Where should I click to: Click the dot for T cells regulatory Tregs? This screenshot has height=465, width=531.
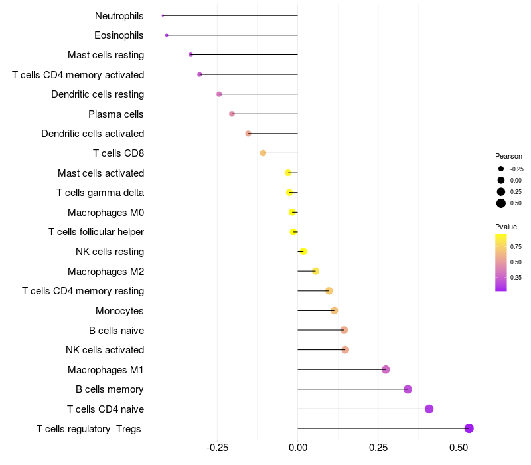[469, 428]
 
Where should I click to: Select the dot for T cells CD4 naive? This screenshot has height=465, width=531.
[429, 409]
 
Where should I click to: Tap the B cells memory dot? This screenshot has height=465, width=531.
[408, 389]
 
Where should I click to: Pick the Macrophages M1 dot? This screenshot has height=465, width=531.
[386, 369]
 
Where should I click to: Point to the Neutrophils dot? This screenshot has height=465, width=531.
[163, 15]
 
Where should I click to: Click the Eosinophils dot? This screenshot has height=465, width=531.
[167, 35]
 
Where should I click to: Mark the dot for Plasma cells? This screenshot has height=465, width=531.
[232, 114]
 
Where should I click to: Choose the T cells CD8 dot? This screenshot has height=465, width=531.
[263, 153]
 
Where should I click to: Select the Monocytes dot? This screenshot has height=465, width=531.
[334, 310]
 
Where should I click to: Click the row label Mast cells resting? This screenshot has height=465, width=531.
[106, 55]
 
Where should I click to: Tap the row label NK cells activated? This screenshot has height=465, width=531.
[105, 350]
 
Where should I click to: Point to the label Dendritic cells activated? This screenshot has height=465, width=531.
[92, 134]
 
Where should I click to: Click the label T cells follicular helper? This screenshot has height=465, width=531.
[96, 232]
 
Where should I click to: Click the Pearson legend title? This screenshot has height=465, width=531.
[508, 156]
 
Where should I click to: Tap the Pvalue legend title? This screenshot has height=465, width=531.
[506, 227]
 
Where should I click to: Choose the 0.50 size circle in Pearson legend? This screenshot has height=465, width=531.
[501, 203]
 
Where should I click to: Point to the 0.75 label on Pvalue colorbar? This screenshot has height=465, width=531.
[516, 246]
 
